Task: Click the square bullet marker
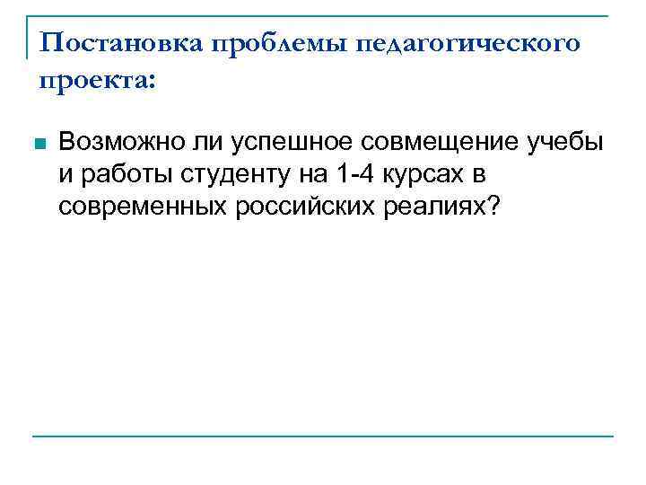point(36,144)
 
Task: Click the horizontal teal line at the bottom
point(323,436)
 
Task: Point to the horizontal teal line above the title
point(323,15)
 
